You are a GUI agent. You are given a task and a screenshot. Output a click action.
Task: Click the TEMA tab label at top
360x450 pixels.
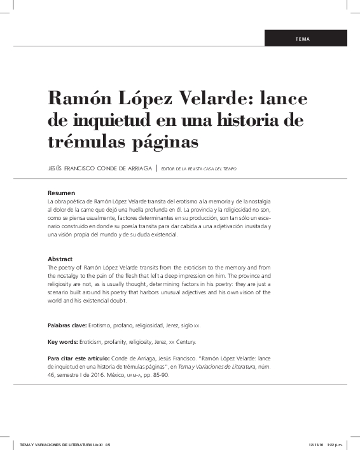coord(303,39)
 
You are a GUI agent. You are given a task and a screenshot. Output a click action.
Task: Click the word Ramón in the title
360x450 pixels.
coord(80,99)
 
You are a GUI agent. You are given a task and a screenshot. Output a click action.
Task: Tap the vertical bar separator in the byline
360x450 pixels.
coord(156,168)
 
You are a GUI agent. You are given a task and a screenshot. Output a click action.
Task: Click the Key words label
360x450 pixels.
coord(64,342)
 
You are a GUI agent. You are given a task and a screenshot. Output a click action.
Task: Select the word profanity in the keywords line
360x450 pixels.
coord(125,342)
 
